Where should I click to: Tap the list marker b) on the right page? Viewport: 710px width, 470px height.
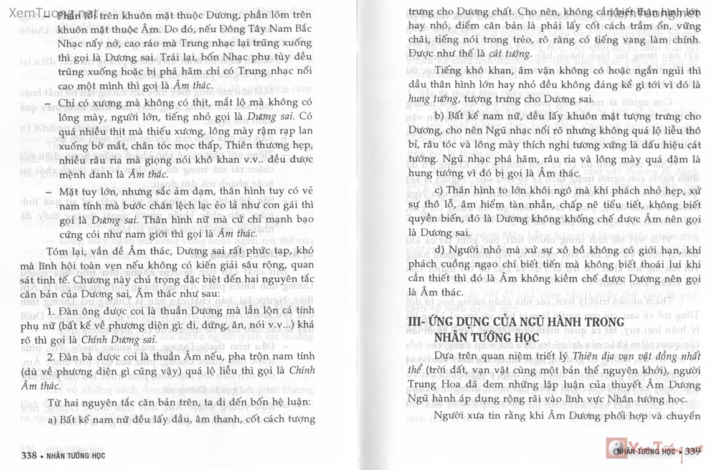click(x=439, y=117)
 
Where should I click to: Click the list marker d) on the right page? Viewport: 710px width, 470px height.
click(x=440, y=250)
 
